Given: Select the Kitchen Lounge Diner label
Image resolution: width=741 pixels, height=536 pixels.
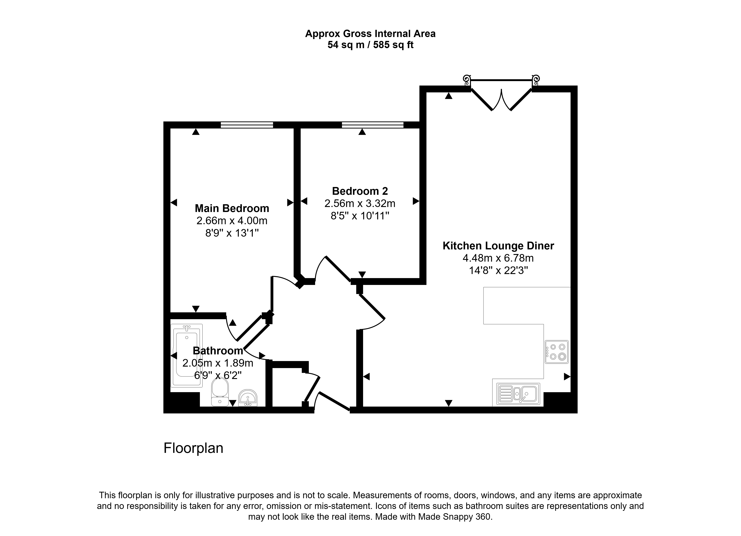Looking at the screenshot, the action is pyautogui.click(x=498, y=246).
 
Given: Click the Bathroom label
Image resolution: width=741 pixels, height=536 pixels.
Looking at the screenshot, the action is pyautogui.click(x=218, y=350).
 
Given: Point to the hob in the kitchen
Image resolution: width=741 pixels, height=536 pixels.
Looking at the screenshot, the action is pyautogui.click(x=556, y=352).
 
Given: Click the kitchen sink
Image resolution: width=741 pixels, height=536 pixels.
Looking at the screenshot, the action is pyautogui.click(x=518, y=394).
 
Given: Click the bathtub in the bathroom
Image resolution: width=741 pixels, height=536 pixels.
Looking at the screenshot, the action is pyautogui.click(x=187, y=355).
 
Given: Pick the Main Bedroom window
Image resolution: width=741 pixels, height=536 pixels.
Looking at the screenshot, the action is pyautogui.click(x=247, y=125).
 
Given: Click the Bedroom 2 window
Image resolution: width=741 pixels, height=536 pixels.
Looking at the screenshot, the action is pyautogui.click(x=373, y=125).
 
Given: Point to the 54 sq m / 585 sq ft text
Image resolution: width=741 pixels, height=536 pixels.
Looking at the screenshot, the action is pyautogui.click(x=370, y=45).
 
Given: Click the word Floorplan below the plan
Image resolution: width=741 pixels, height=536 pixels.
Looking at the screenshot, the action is pyautogui.click(x=193, y=448).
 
